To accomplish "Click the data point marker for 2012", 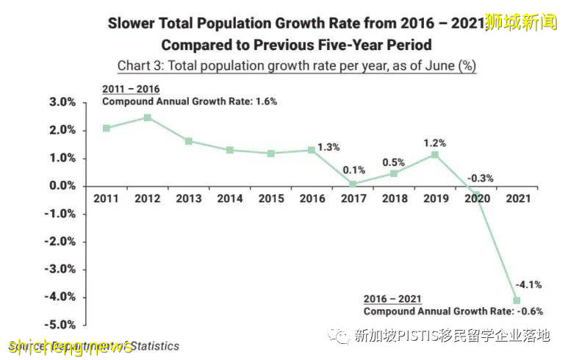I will pos(148,118).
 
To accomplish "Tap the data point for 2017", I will pos(353,184).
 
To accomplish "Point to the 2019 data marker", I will pos(436,154).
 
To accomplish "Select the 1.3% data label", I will pos(329,147).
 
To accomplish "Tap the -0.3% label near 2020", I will pos(481,178).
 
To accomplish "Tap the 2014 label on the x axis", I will pos(230,198).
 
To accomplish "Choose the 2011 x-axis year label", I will pos(107,198).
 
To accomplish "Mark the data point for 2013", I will pos(189,141).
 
